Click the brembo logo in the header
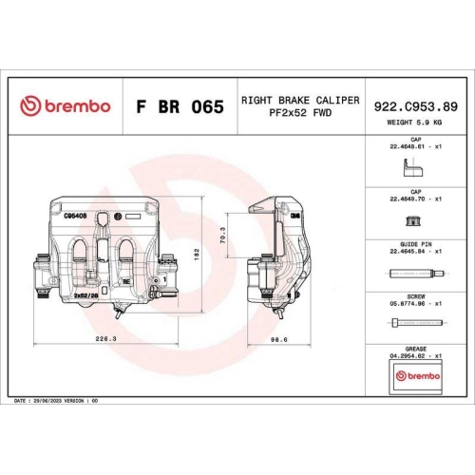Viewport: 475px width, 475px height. (65, 106)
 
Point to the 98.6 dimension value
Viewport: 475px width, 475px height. (279, 337)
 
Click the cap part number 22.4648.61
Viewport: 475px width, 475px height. (415, 147)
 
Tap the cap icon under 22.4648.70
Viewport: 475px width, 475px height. (414, 221)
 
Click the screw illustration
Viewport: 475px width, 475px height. (414, 324)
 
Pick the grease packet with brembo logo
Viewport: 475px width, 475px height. (415, 376)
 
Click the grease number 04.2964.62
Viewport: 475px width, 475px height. (415, 354)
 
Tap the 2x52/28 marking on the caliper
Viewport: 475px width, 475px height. (87, 296)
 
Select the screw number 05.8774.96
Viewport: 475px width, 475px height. (415, 303)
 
